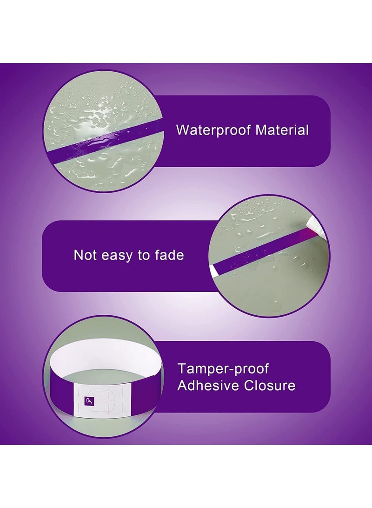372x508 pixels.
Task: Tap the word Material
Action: click(282, 130)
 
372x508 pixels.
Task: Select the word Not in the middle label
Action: click(85, 255)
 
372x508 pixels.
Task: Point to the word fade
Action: click(169, 255)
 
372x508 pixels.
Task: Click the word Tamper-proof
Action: click(223, 369)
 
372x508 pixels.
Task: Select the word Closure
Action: click(269, 386)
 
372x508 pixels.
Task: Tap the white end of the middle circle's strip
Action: click(213, 271)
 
